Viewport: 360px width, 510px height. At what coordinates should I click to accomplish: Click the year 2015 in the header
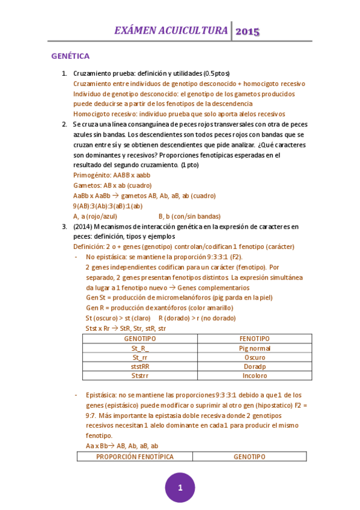[247, 32]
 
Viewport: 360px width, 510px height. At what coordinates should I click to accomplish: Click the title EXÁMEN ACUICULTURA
[171, 31]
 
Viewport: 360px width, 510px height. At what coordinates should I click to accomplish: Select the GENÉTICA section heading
[70, 57]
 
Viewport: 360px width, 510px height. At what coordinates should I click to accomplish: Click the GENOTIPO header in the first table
[139, 339]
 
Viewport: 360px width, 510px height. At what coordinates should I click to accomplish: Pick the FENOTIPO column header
[254, 339]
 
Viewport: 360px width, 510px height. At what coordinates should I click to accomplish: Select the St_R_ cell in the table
[139, 348]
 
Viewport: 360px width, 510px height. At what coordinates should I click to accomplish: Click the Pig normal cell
[254, 348]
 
